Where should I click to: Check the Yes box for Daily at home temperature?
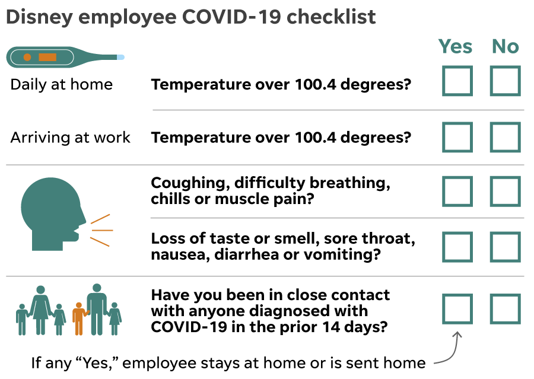tap(457, 81)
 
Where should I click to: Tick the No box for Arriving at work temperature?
tap(506, 137)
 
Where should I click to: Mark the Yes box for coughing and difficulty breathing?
tap(457, 192)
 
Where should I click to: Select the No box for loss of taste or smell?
tap(506, 247)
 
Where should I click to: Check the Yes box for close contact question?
tap(457, 309)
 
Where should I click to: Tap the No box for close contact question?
tap(506, 309)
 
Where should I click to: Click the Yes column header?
tap(455, 46)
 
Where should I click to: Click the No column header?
tap(506, 46)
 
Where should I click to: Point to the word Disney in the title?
tap(40, 18)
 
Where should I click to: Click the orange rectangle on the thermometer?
tap(47, 57)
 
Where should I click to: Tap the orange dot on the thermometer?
tap(27, 57)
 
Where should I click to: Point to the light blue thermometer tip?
tap(120, 57)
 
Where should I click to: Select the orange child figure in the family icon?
tap(79, 319)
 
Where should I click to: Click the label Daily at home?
tap(62, 84)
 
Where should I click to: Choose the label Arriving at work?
tap(71, 138)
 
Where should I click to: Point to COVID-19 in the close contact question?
tap(189, 327)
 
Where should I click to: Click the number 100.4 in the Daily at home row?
tap(316, 84)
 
